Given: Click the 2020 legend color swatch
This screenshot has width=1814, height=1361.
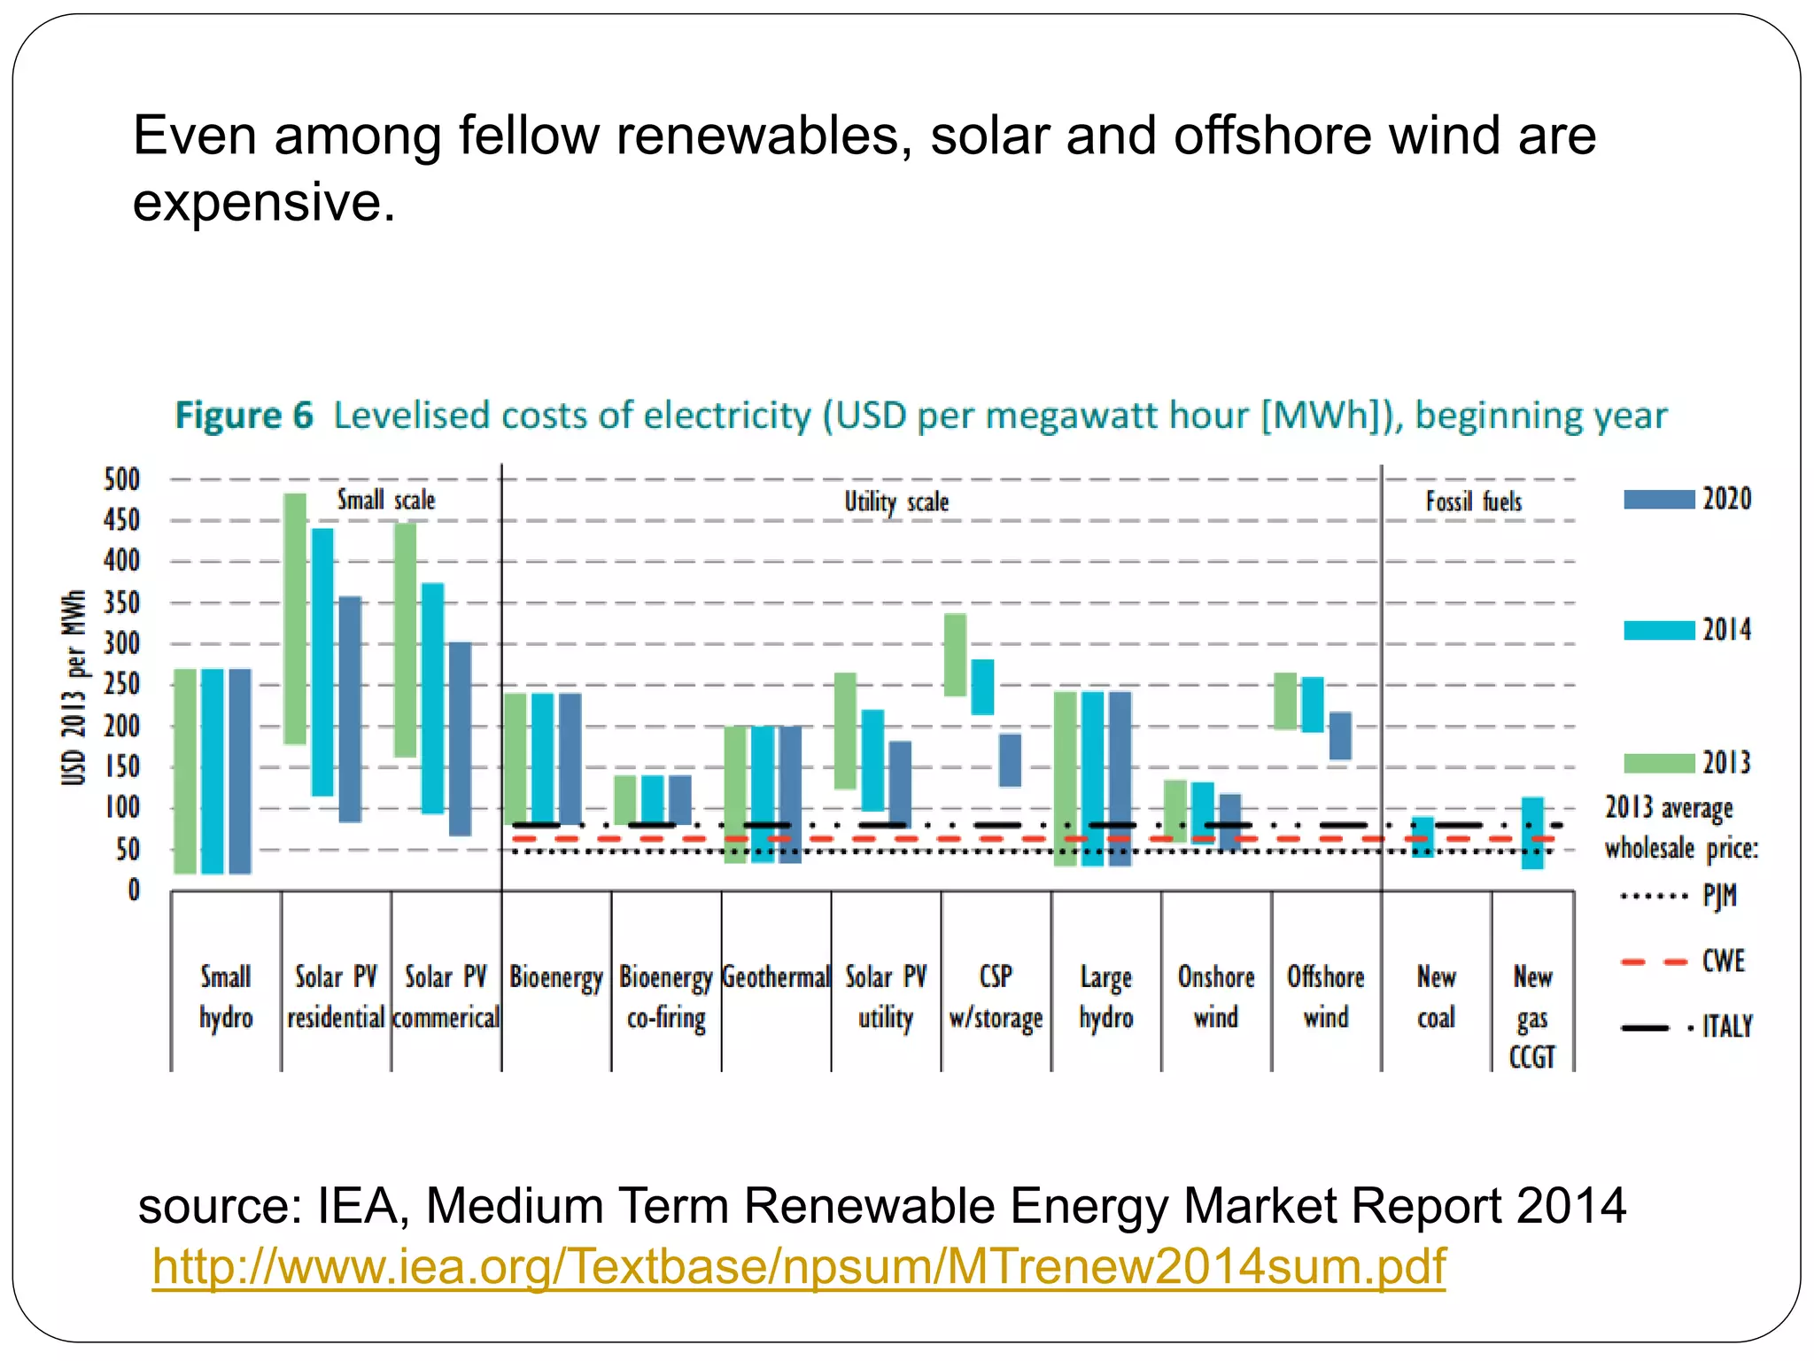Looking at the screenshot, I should coord(1658,500).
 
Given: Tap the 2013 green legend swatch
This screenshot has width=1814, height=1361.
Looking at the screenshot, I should coord(1658,763).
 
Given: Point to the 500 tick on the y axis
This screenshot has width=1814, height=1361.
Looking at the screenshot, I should coord(122,479).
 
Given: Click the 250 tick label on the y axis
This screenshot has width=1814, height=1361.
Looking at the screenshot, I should coord(122,684).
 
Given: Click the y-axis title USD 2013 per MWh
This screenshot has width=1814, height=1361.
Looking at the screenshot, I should coord(74,687).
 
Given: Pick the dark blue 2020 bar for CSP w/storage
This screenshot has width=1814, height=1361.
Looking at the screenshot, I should coord(1010,760).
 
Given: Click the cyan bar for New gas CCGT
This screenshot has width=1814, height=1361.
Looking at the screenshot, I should coord(1532,833).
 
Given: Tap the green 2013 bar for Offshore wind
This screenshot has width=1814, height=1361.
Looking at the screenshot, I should coord(1284,701).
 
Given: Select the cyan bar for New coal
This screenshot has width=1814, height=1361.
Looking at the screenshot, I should coord(1423,836).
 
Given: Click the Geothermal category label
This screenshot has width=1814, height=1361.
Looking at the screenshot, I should coord(776,977).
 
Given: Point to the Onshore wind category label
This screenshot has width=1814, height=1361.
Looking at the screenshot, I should coord(1216,997).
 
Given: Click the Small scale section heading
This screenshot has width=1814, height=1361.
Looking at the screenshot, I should coord(386,500).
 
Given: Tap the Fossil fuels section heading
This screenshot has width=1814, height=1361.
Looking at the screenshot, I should coord(1474,502).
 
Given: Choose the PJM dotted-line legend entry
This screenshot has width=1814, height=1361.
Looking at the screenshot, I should coord(1678,896).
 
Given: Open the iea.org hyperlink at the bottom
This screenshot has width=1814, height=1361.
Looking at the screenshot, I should coord(798,1265).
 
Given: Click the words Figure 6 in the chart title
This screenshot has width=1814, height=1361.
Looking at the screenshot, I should coord(244,415).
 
